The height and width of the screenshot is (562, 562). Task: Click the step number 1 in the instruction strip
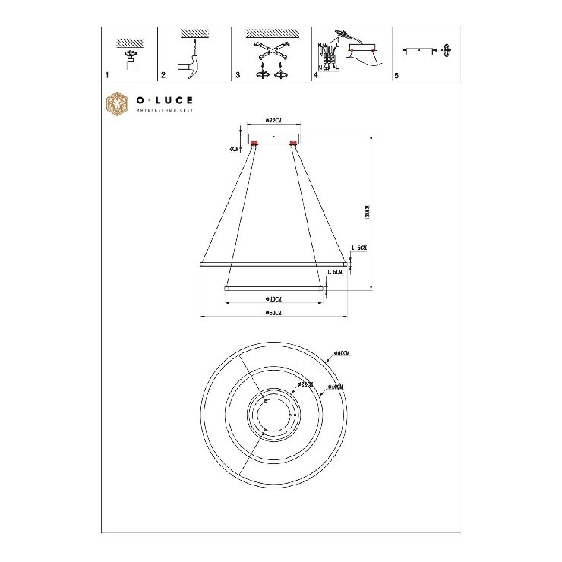107,76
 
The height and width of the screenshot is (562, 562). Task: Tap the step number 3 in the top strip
238,76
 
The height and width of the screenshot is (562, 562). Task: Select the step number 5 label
396,76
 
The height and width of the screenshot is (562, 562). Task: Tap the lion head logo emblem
117,103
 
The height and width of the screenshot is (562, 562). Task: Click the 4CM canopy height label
235,149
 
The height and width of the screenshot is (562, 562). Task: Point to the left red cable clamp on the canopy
254,144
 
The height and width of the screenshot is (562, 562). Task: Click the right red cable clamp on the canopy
293,144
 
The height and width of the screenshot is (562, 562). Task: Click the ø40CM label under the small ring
274,298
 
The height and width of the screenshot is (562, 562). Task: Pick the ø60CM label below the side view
274,314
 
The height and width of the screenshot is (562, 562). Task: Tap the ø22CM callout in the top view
306,385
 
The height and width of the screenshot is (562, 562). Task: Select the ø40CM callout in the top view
335,387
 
